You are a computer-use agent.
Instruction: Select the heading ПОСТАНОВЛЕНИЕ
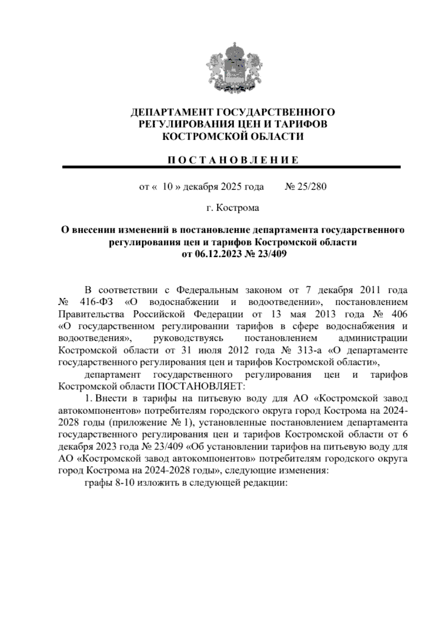click(x=233, y=160)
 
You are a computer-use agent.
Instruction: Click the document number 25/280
click(x=311, y=187)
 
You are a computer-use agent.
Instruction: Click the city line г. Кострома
click(x=233, y=208)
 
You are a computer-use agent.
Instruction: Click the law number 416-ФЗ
click(x=96, y=302)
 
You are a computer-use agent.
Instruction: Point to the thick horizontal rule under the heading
click(x=232, y=168)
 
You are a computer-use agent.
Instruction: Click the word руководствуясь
click(x=188, y=338)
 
